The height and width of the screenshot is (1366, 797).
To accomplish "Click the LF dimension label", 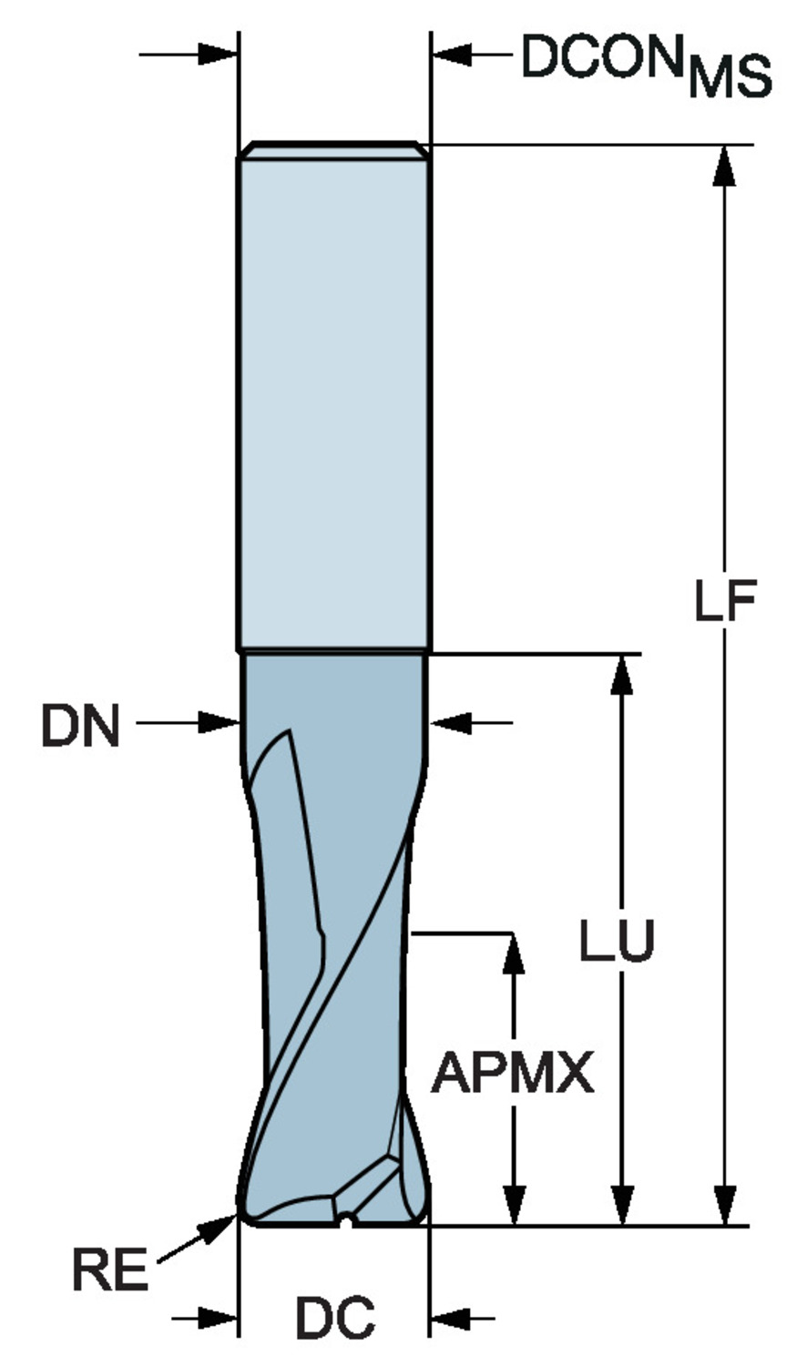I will [x=725, y=601].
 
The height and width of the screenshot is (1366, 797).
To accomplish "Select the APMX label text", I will [x=513, y=1073].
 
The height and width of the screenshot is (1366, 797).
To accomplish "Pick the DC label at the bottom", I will [x=334, y=1318].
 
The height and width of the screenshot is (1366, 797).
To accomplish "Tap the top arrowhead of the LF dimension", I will [x=724, y=164].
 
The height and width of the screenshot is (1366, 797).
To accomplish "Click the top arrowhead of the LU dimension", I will [x=622, y=674].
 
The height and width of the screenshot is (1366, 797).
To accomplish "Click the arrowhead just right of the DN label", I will [x=220, y=723].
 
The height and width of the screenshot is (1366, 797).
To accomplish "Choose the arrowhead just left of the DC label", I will [x=220, y=1317].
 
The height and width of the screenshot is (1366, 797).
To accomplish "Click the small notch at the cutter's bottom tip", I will [x=345, y=1218].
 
